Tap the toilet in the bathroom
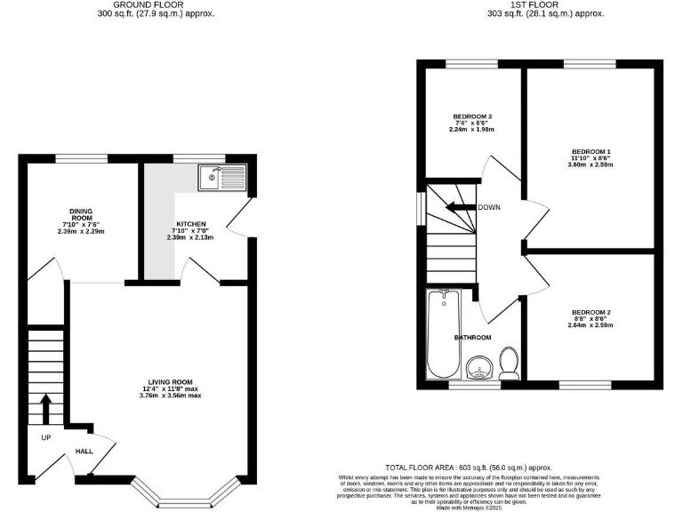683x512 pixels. point(510,361)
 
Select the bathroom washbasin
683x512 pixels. point(480,365)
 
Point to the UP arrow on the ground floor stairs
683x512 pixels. point(45,410)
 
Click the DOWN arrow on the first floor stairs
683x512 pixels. point(459,208)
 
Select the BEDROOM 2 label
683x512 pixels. point(591,312)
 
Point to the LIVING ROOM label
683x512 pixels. point(170,381)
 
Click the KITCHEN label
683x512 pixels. point(190,224)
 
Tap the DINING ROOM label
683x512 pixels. point(81,213)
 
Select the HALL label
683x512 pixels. point(84,452)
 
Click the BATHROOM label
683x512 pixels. point(472,338)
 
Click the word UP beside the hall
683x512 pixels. point(45,437)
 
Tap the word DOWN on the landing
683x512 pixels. point(489,208)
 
